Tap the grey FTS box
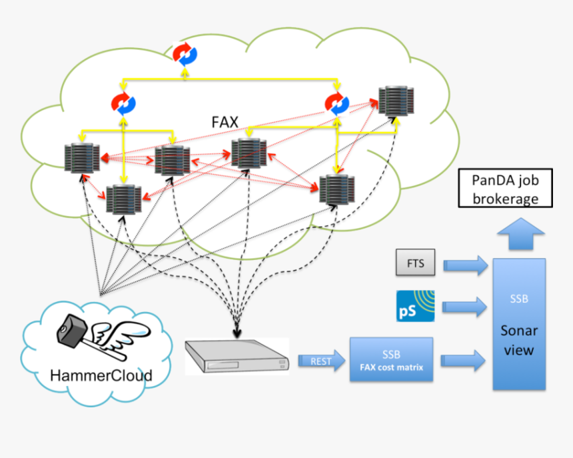[x=414, y=263]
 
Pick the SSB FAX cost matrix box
[x=391, y=359]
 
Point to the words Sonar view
[x=519, y=339]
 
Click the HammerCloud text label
[x=101, y=375]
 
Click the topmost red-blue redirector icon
[x=185, y=55]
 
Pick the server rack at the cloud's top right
[x=395, y=101]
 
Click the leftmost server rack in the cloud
[x=82, y=157]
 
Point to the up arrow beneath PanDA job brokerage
[x=520, y=234]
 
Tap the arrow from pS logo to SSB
[x=465, y=305]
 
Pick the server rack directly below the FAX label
[x=249, y=153]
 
